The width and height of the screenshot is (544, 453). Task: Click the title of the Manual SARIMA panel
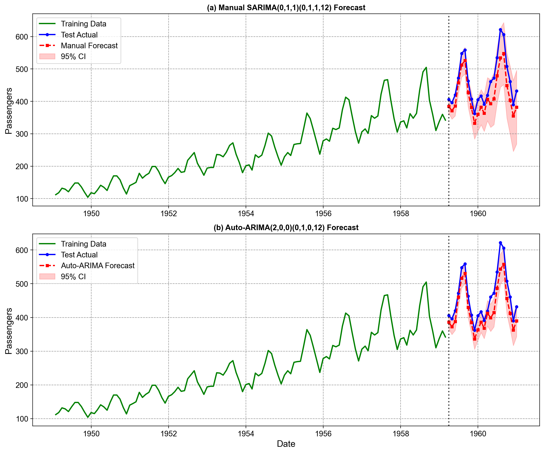point(286,8)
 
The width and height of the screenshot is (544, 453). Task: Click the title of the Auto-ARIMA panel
point(286,228)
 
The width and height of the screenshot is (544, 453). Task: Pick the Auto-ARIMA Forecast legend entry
point(97,266)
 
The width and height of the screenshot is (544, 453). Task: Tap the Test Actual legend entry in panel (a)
point(79,35)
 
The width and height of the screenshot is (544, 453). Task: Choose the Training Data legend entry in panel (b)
point(83,244)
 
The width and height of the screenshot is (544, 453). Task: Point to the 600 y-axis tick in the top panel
point(22,37)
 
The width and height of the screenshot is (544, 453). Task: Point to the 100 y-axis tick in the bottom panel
point(22,419)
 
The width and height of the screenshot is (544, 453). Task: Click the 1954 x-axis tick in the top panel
point(246,213)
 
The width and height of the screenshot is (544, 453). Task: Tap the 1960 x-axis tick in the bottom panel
point(478,434)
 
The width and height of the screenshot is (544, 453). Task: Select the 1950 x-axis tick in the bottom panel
point(91,434)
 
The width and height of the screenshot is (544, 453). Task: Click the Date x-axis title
point(286,444)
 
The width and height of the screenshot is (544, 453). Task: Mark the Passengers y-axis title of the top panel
point(9,111)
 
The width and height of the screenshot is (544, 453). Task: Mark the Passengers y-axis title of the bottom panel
point(9,331)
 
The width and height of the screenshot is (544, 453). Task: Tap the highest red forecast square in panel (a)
point(504,54)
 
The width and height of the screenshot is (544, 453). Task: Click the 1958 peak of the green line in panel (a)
point(426,67)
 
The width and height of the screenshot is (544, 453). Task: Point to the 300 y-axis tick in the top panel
point(22,134)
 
